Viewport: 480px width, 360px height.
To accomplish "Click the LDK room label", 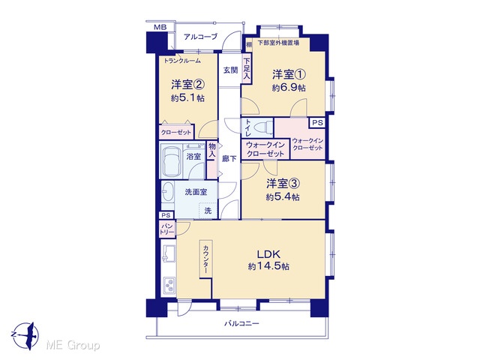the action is pyautogui.click(x=268, y=254).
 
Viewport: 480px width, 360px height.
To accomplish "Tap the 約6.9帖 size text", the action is pyautogui.click(x=289, y=88).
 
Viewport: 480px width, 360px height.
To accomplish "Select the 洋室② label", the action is pyautogui.click(x=187, y=84).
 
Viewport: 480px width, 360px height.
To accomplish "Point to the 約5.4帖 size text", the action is pyautogui.click(x=283, y=196).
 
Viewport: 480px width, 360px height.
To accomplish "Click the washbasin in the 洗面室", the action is pyautogui.click(x=167, y=192).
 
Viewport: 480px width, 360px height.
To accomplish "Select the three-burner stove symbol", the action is pyautogui.click(x=169, y=286).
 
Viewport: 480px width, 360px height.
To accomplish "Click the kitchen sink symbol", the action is pyautogui.click(x=168, y=253).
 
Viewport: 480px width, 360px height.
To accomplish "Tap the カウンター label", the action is pyautogui.click(x=206, y=259).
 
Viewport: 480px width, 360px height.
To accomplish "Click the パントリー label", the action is pyautogui.click(x=166, y=229).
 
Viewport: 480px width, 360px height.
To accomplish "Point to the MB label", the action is pyautogui.click(x=160, y=27).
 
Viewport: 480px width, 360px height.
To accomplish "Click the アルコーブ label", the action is pyautogui.click(x=200, y=37).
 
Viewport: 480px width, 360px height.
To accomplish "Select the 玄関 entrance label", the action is pyautogui.click(x=230, y=70).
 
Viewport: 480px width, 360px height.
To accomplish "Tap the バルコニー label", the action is pyautogui.click(x=241, y=323).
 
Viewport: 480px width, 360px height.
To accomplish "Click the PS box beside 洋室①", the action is pyautogui.click(x=317, y=123).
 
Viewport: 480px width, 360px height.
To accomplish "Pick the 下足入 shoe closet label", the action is pyautogui.click(x=247, y=69).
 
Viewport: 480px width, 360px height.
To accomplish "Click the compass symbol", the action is pyautogui.click(x=26, y=335).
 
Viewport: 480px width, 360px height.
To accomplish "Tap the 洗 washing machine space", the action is pyautogui.click(x=208, y=211).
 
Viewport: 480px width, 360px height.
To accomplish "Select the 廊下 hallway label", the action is pyautogui.click(x=229, y=158).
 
